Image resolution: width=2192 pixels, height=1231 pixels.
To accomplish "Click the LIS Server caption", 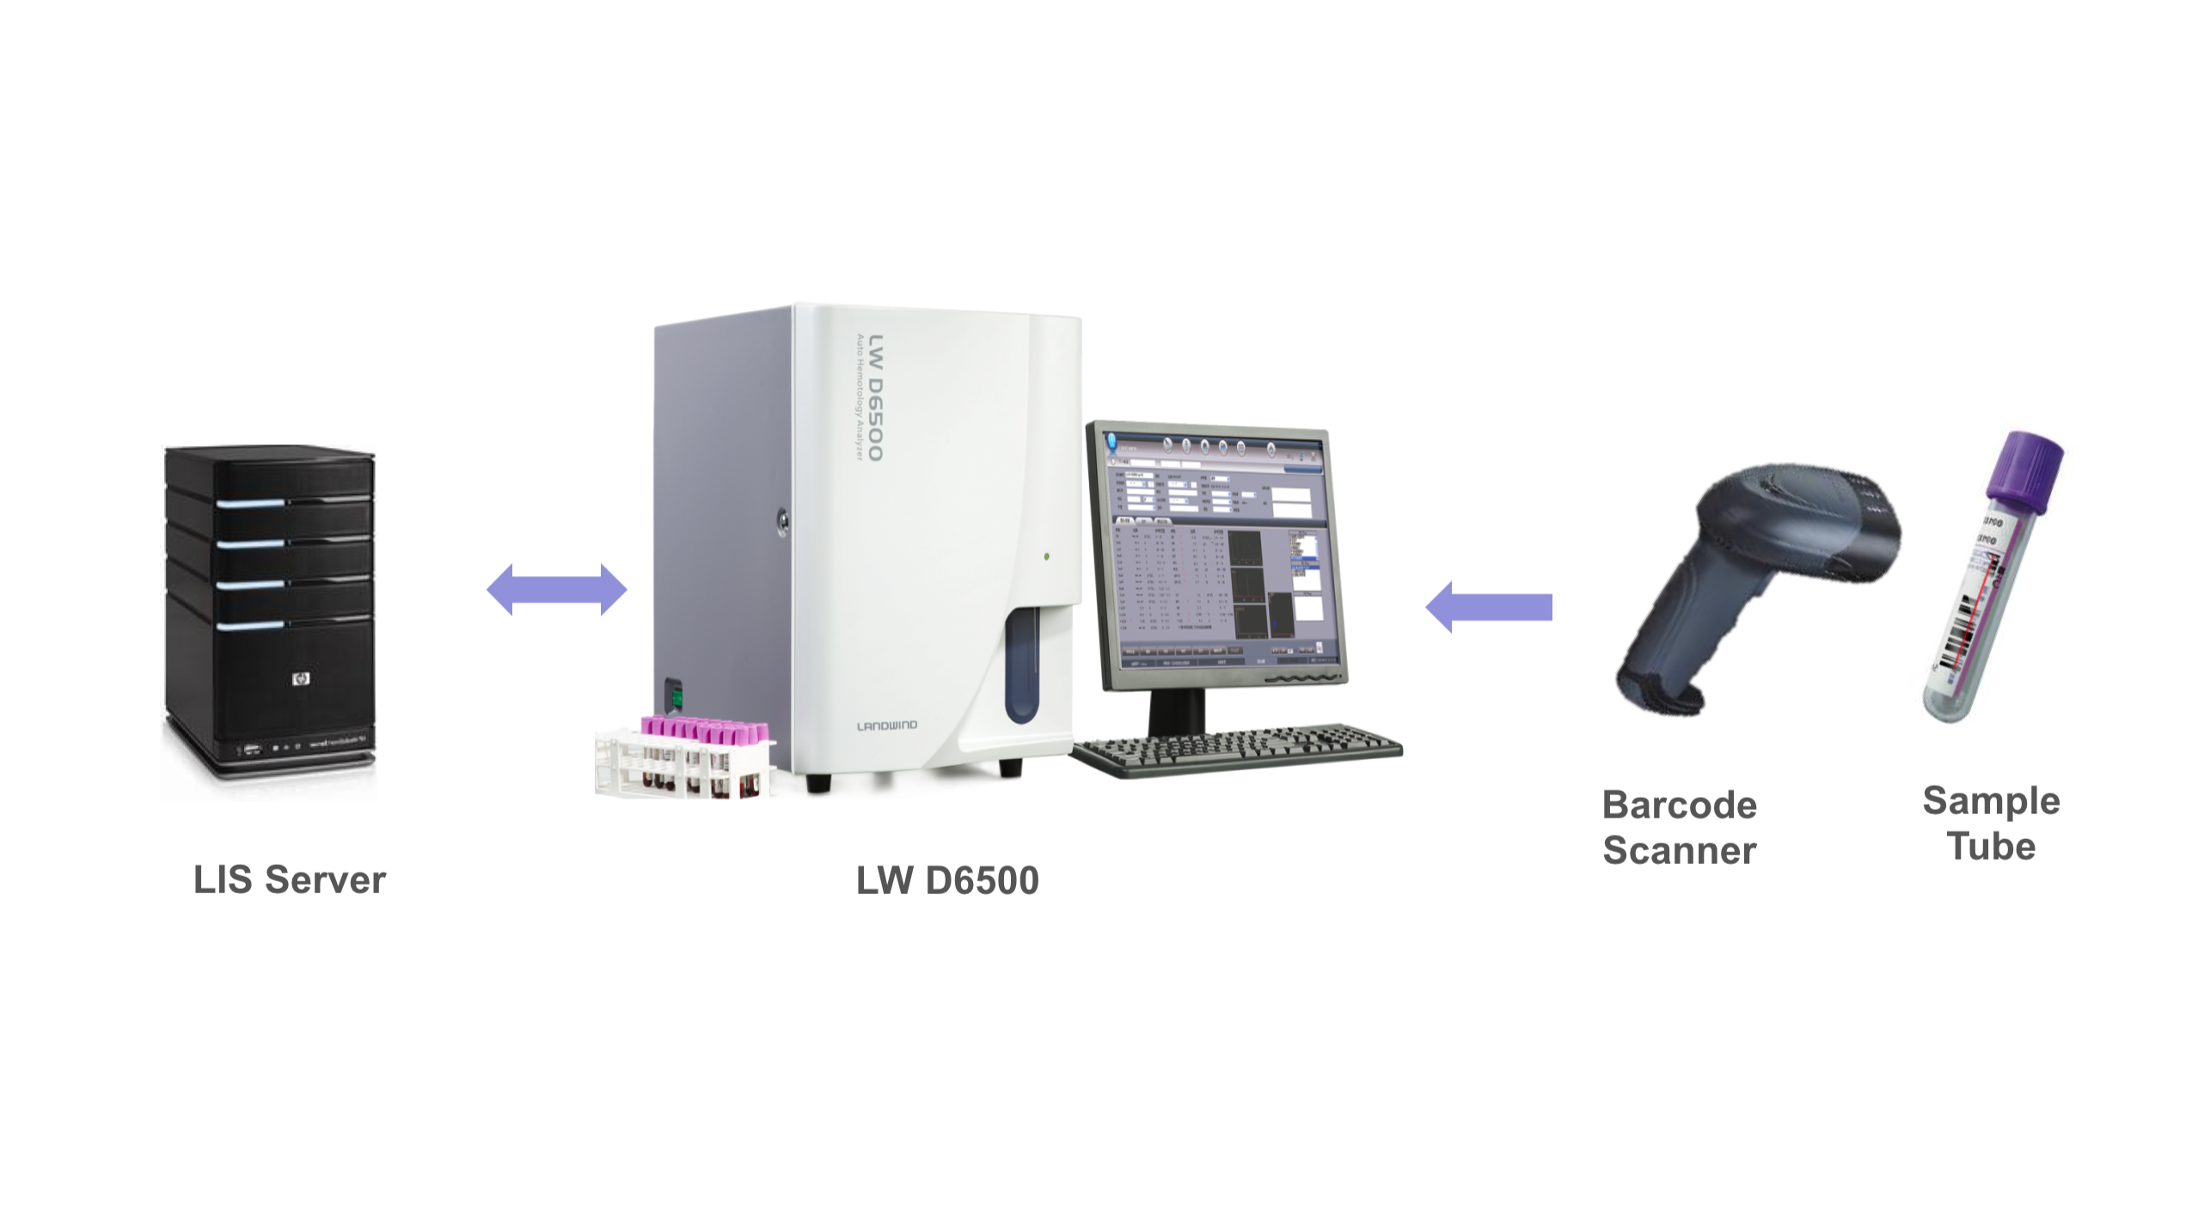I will click(x=290, y=879).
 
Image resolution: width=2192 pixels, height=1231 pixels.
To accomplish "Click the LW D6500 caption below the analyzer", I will click(x=947, y=880).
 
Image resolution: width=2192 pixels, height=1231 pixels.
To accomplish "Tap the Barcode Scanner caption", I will click(x=1679, y=828).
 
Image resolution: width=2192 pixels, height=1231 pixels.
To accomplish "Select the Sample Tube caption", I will click(x=1991, y=824).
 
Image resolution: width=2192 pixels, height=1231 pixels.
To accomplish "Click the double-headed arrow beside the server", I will click(x=557, y=590).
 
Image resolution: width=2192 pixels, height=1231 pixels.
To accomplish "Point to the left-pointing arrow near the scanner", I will click(x=1489, y=607).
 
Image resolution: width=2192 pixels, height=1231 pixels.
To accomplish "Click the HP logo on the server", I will click(x=300, y=679).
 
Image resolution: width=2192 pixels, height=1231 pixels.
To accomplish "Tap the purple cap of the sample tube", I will click(x=2027, y=469).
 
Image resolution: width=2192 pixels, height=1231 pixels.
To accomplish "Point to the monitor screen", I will click(x=1216, y=550).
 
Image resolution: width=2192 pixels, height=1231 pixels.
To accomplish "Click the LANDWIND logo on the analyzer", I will click(x=886, y=726).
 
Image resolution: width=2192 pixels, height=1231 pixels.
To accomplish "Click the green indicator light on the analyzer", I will click(x=1046, y=557).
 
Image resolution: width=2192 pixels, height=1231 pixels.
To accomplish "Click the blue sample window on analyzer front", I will click(x=1021, y=666).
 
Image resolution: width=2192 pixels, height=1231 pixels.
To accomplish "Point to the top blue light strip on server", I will click(x=250, y=503).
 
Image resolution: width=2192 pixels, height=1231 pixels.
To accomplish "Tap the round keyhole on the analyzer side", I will click(x=782, y=520).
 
